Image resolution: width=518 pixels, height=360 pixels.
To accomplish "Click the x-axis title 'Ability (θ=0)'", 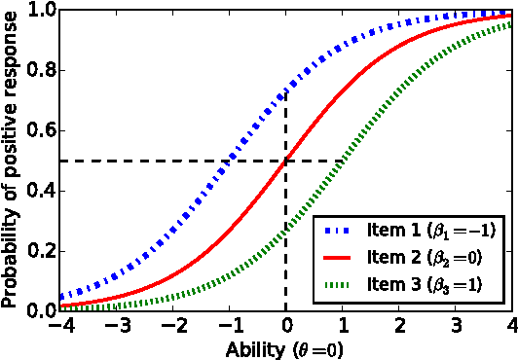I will (283, 346).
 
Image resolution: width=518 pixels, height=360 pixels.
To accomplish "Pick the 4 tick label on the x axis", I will (511, 324).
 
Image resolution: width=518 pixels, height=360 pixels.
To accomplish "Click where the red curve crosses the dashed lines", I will (285, 161).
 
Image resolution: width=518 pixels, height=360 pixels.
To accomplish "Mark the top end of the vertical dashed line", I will (285, 90).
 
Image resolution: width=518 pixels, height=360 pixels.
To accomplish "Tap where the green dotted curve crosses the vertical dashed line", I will (285, 231).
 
